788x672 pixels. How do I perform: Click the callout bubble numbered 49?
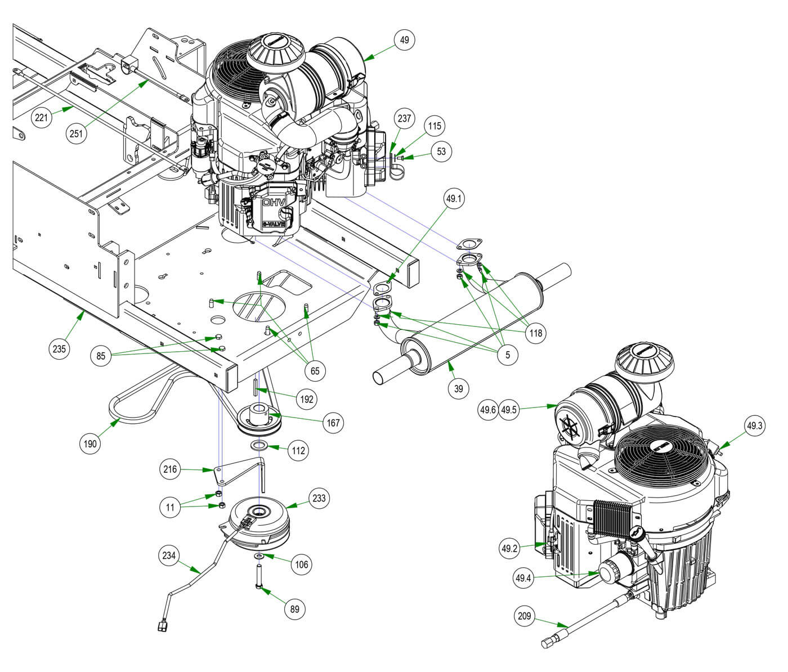[x=404, y=40]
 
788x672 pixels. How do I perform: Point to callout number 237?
[x=405, y=118]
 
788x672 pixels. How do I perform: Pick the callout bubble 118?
[x=535, y=333]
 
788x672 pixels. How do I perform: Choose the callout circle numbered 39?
[x=459, y=388]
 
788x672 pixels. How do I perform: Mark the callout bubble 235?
[x=59, y=348]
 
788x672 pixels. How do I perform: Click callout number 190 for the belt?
[x=90, y=443]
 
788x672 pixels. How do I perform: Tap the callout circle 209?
[x=524, y=616]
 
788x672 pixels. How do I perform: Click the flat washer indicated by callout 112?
[x=259, y=446]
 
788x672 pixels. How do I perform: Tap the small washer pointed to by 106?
[x=258, y=556]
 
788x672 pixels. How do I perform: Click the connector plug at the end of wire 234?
[x=162, y=624]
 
